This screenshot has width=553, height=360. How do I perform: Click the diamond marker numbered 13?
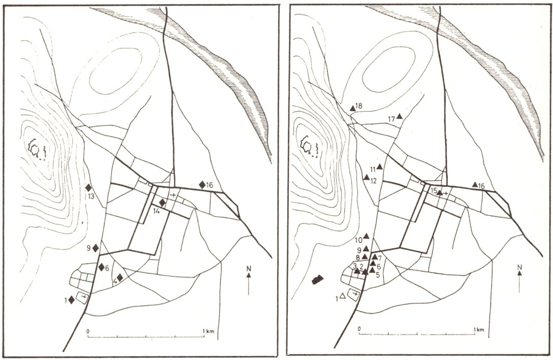click(x=88, y=187)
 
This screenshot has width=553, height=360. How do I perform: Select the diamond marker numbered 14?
click(x=162, y=203)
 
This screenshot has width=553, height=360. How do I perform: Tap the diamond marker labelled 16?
click(x=202, y=184)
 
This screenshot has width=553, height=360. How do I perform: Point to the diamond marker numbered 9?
click(x=95, y=248)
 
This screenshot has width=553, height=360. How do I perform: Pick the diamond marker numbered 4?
click(x=120, y=278)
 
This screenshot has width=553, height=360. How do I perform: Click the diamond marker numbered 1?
click(x=72, y=300)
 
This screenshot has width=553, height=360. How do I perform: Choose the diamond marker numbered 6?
click(x=101, y=267)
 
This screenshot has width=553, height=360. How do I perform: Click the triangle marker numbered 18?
click(x=353, y=108)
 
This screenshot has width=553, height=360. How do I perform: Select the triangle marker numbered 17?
click(x=399, y=116)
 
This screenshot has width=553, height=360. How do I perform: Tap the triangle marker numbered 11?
click(x=380, y=167)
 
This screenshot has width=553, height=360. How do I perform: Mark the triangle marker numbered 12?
click(x=366, y=177)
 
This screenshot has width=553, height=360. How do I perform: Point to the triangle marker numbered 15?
click(x=440, y=193)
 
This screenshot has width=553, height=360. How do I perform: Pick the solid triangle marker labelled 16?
click(x=475, y=184)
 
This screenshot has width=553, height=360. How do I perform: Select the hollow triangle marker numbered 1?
click(x=342, y=296)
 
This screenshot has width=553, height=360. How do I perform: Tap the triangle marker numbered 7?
click(x=375, y=257)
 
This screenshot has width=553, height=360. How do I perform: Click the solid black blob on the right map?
click(x=317, y=280)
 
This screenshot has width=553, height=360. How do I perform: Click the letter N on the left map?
click(x=249, y=268)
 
